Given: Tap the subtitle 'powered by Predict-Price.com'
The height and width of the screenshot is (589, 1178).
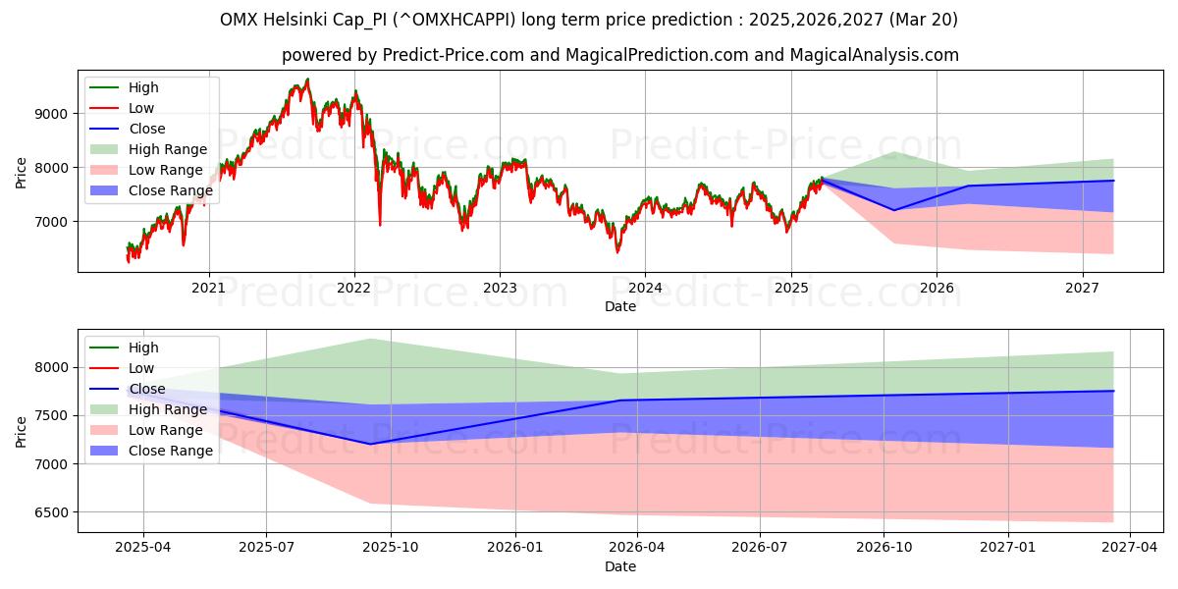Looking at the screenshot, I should point(619,56).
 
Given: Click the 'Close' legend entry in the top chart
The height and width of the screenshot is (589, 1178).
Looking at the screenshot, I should point(147,129).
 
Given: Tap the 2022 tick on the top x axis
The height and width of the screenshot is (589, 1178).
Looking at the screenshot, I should point(353,288).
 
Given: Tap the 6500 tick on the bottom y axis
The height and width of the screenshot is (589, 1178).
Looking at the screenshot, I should point(54,512).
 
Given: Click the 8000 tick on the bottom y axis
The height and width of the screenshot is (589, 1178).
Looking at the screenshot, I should point(54,367).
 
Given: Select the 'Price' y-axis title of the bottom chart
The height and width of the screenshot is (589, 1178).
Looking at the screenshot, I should point(22,431).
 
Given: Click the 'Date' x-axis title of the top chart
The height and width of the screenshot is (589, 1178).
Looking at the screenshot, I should point(619,306).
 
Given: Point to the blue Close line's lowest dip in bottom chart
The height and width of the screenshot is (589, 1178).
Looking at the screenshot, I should point(370,444).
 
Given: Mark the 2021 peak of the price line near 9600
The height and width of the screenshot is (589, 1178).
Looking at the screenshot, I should point(307,80).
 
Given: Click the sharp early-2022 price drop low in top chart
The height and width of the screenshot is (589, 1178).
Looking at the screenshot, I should point(380,225).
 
